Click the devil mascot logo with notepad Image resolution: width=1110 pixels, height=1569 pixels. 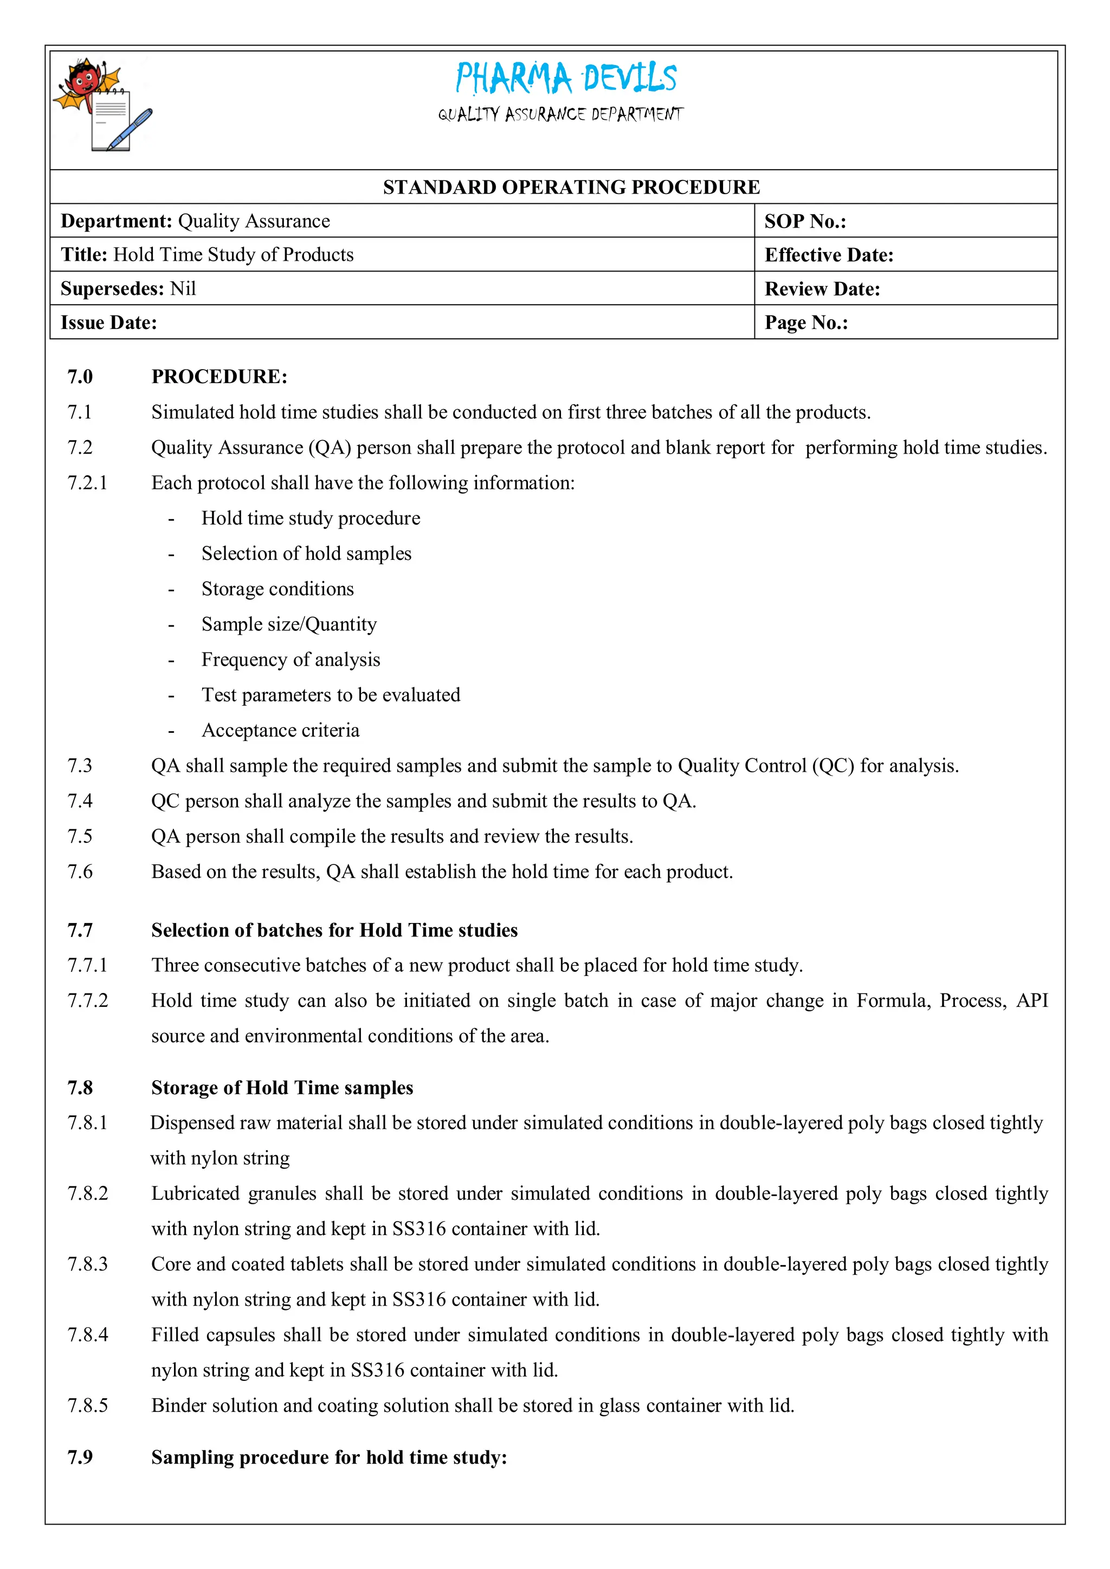(102, 106)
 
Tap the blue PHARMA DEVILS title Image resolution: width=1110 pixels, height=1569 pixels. (566, 78)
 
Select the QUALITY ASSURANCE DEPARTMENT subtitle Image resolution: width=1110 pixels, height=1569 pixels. (560, 114)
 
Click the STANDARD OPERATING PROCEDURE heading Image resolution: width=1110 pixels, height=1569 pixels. (571, 187)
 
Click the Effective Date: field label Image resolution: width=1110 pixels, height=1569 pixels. (828, 255)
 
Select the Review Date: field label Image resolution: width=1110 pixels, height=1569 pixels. (822, 289)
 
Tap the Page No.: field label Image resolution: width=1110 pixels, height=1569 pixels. (806, 322)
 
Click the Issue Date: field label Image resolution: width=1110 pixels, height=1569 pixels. (109, 322)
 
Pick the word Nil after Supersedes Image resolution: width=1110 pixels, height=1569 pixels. (183, 288)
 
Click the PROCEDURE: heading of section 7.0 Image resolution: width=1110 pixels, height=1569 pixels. (220, 377)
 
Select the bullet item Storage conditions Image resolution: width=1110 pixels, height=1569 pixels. (277, 589)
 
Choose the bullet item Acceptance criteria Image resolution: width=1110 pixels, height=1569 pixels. (280, 731)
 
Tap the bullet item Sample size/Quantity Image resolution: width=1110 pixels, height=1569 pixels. (289, 624)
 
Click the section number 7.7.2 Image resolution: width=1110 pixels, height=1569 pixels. (87, 1001)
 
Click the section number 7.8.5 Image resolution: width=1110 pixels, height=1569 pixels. (87, 1406)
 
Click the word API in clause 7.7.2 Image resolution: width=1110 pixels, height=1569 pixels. (1032, 1001)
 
